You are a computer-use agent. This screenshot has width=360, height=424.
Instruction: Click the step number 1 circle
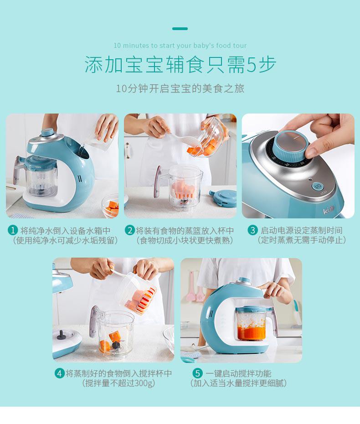click(13, 230)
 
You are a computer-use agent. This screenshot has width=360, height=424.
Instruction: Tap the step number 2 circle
click(130, 230)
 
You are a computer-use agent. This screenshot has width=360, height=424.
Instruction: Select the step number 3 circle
click(252, 230)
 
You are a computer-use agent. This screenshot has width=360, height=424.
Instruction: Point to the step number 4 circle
click(60, 373)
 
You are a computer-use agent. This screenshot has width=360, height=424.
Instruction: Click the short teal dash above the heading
click(180, 28)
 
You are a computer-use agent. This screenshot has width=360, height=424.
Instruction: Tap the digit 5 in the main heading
click(251, 65)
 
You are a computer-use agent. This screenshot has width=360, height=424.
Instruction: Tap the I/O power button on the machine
click(318, 186)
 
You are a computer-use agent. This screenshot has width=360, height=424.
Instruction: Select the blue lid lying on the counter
click(222, 198)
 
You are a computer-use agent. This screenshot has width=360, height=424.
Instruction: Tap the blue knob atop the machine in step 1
click(47, 133)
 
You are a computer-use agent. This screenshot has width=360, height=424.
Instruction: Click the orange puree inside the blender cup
click(251, 333)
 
